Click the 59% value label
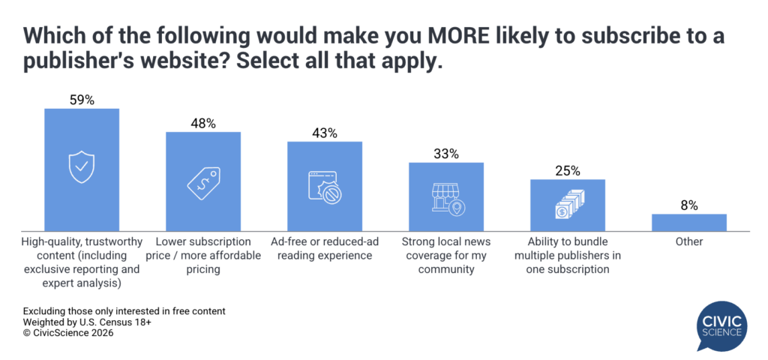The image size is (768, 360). tap(82, 100)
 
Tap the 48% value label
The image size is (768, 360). tap(203, 123)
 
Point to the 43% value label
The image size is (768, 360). tap(325, 133)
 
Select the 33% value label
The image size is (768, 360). tap(446, 154)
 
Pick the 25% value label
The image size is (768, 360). tap(568, 170)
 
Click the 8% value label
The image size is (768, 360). tap(689, 205)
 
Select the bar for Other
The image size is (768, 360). tap(689, 221)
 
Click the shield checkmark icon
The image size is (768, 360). tap(82, 167)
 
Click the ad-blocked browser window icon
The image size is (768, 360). tap(325, 187)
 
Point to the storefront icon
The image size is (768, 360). tap(446, 197)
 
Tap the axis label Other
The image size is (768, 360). tap(689, 242)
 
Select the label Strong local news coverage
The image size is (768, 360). tap(446, 256)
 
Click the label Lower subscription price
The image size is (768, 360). tap(203, 256)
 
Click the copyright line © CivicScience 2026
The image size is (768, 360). tap(68, 334)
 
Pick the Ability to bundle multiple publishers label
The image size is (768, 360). tap(568, 256)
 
